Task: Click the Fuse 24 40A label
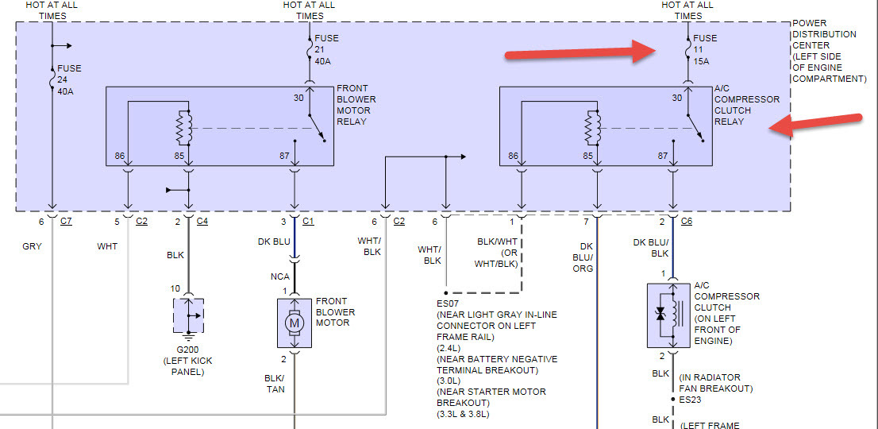pos(69,79)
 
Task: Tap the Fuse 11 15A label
pos(705,49)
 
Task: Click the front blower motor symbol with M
pos(295,323)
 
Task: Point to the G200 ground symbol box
pos(188,315)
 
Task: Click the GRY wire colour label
pos(32,246)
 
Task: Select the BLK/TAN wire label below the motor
pos(274,384)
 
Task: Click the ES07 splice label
pos(448,303)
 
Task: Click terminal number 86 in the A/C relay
pos(514,157)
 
